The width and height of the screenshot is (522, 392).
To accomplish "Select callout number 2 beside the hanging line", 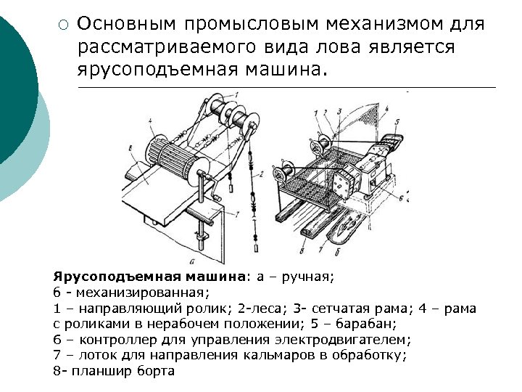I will pos(260,175).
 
